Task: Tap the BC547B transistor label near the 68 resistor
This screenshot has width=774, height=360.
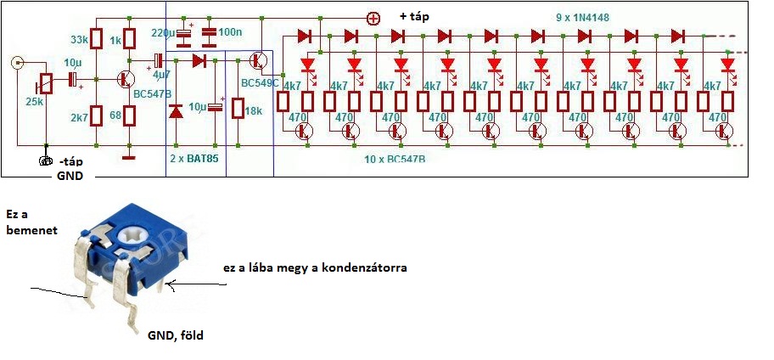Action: tap(152, 93)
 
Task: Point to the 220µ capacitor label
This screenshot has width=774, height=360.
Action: tap(164, 32)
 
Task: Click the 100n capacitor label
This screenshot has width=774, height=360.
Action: tap(229, 32)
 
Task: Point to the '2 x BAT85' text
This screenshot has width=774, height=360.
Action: tap(194, 157)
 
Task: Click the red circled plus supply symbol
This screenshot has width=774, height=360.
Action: tap(373, 18)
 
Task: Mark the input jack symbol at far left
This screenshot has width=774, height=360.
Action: tap(17, 62)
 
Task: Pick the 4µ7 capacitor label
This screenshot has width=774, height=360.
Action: tap(161, 75)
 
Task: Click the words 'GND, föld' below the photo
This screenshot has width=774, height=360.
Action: tap(176, 335)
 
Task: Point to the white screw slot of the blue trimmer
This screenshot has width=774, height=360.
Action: tap(139, 235)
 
